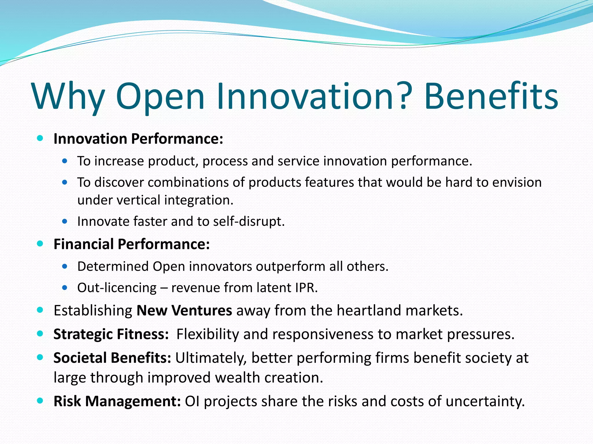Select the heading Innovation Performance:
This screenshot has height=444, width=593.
138,139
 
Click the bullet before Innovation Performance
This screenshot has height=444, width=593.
40,138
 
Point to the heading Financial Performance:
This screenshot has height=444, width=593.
132,244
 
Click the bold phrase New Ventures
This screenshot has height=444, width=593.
184,310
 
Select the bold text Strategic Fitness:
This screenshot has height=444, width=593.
111,334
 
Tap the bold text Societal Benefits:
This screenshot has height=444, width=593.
112,358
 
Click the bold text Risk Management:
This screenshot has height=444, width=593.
117,401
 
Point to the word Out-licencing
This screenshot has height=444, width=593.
117,288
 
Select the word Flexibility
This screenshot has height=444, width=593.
208,334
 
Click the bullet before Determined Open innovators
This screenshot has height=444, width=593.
65,266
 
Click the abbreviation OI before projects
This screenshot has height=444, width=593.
192,401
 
